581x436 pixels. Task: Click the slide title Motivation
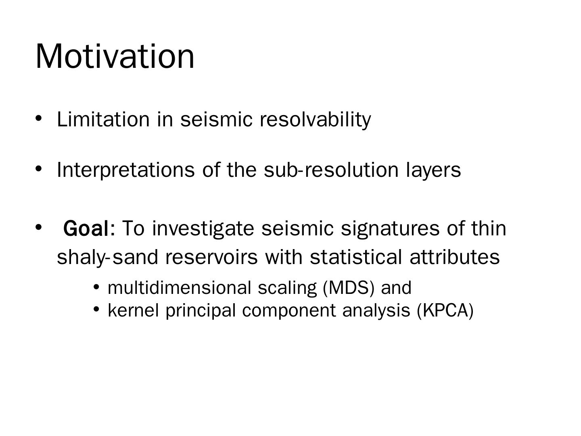coord(115,56)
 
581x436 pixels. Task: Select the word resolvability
coord(315,119)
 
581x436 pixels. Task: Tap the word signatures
coord(390,228)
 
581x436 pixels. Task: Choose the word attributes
coord(455,257)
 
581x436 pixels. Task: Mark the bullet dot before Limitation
coord(39,118)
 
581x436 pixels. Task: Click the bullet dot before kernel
coord(96,309)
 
